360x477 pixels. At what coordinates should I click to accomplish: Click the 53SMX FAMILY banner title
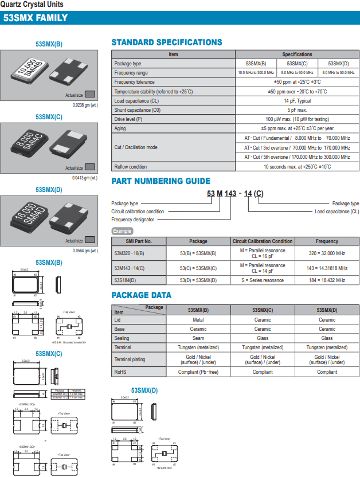36,18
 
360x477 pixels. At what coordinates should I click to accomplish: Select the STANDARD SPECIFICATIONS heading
166,42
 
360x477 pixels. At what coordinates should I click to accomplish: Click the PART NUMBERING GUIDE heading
161,181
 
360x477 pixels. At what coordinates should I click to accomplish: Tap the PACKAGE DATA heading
141,295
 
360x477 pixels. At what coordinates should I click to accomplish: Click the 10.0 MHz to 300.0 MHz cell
256,73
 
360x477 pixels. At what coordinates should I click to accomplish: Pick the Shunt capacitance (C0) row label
137,110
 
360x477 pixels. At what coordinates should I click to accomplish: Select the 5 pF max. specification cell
297,110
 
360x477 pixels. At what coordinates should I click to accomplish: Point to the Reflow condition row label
131,167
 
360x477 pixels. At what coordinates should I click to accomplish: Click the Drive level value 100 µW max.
297,119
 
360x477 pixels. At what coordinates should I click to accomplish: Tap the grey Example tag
122,231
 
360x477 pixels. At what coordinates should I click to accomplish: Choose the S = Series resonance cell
263,280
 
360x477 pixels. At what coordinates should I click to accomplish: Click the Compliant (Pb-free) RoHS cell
198,372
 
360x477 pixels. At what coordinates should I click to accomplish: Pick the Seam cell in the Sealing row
198,338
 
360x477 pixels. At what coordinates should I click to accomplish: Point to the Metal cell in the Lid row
198,320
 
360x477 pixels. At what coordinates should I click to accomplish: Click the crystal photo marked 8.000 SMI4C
30,144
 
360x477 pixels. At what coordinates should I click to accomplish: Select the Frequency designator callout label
133,219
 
